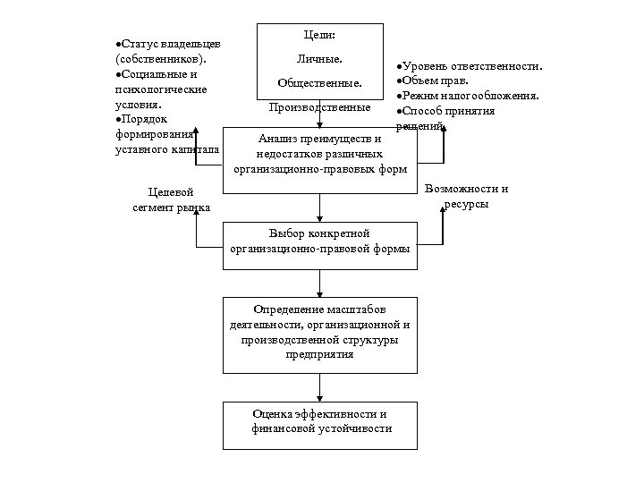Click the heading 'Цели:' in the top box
pos(319,37)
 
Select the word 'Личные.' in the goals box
pos(319,61)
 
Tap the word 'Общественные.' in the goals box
pos(319,84)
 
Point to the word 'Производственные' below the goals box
pos(319,107)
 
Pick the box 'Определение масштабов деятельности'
pos(319,331)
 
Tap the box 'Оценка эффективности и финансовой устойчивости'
pos(319,422)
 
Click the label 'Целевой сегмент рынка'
pos(170,199)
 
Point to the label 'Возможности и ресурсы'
pos(467,196)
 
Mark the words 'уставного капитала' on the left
pos(167,148)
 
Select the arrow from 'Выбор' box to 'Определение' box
pos(319,282)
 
